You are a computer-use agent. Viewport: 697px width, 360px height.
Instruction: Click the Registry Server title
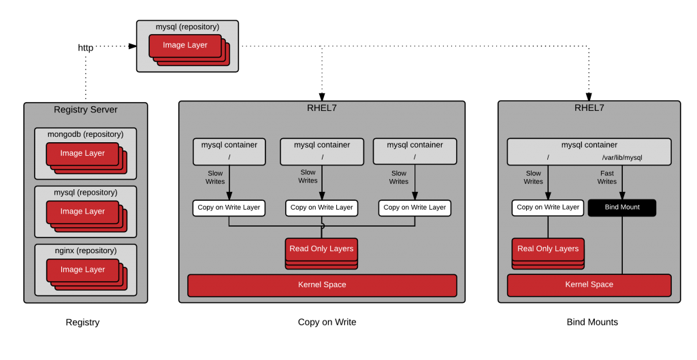(x=85, y=110)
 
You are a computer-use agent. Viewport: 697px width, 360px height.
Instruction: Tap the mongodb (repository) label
(x=85, y=134)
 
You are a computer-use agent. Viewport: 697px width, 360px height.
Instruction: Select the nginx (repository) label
(x=85, y=250)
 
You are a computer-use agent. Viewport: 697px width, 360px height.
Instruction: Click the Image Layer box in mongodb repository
(x=82, y=154)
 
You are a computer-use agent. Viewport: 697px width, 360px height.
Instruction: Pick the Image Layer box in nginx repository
(x=82, y=270)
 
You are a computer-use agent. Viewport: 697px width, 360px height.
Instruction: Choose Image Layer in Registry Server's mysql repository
(x=82, y=212)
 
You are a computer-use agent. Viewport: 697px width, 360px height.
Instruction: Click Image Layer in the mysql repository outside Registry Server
(x=185, y=46)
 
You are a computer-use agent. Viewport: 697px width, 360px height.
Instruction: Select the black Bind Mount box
(x=621, y=208)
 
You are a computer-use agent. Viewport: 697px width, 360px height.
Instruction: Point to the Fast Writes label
(x=606, y=178)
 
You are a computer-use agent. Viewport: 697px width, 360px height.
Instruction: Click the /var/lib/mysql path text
(x=621, y=157)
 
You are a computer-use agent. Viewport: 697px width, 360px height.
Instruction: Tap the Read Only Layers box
(x=321, y=249)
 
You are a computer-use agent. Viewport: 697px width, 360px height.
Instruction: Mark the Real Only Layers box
(x=548, y=249)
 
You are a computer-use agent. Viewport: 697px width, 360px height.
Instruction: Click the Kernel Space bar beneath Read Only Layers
(x=322, y=285)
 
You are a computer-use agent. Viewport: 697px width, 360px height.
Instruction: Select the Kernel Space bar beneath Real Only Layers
(x=589, y=285)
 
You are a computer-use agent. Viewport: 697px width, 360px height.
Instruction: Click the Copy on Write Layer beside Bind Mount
(x=548, y=208)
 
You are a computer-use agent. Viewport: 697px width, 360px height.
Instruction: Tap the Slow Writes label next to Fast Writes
(x=533, y=178)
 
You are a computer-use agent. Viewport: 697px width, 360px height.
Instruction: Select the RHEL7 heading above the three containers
(x=322, y=108)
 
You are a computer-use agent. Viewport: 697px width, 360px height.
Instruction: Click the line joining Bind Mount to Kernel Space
(x=621, y=245)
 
